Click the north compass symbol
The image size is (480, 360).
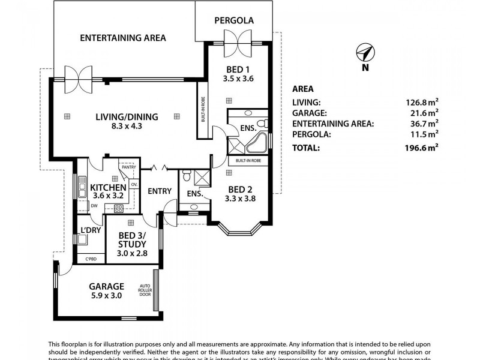[x=365, y=54]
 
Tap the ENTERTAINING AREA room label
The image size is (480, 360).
[x=123, y=38]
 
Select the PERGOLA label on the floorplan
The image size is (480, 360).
[x=234, y=20]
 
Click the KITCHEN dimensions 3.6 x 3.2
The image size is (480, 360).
[x=108, y=196]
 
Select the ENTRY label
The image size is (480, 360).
[x=160, y=191]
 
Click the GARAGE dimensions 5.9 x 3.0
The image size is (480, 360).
[x=106, y=296]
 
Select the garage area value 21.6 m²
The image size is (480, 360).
[x=424, y=113]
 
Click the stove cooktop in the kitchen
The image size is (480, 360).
[x=118, y=209]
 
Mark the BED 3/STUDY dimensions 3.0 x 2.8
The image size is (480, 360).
[x=132, y=253]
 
